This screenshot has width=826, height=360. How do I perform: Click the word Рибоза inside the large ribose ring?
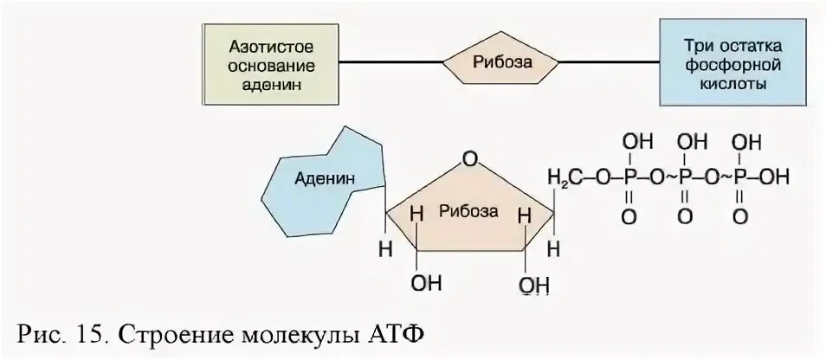(x=468, y=210)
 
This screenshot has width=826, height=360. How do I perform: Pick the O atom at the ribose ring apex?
(x=469, y=159)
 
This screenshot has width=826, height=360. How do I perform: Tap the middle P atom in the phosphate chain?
(x=684, y=177)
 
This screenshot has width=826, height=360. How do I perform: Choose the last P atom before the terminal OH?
(x=739, y=177)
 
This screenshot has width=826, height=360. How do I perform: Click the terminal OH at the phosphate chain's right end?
(x=776, y=177)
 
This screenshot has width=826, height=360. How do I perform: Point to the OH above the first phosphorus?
(x=636, y=140)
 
